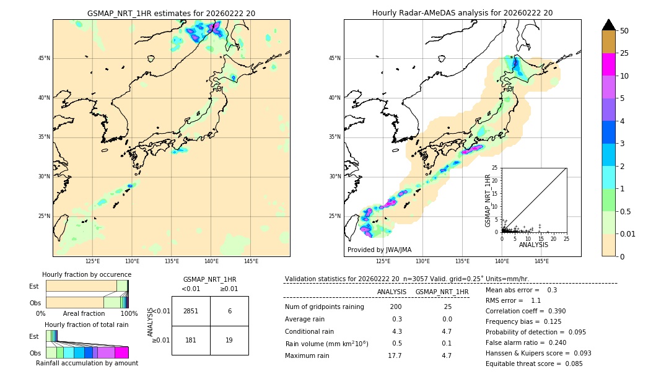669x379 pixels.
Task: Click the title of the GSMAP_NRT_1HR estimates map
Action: (x=171, y=13)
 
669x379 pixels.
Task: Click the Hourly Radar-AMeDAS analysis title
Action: (x=462, y=13)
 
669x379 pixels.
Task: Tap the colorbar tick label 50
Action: (x=624, y=30)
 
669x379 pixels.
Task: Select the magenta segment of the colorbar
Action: (x=608, y=64)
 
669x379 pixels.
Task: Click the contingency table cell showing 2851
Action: (x=191, y=311)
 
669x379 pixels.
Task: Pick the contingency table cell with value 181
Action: (x=191, y=339)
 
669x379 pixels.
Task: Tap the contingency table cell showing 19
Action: (x=229, y=339)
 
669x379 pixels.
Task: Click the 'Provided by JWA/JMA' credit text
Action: (x=379, y=250)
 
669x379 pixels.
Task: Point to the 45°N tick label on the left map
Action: (x=44, y=58)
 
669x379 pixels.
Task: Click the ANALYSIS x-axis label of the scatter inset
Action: (x=533, y=245)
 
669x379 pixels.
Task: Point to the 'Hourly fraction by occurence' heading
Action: (x=87, y=274)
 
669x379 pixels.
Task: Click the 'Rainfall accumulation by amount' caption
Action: (x=87, y=363)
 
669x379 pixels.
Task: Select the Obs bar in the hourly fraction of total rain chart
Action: (x=87, y=352)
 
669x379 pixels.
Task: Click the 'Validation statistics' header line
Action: (x=406, y=279)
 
